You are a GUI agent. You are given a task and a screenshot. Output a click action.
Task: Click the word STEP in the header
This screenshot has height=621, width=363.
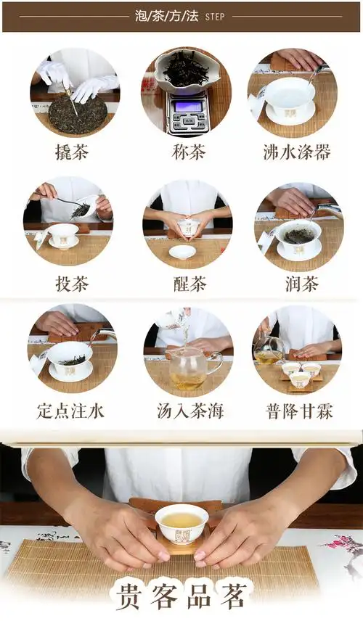[215, 16]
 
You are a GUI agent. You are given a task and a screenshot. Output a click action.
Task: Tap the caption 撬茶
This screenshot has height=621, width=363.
[73, 152]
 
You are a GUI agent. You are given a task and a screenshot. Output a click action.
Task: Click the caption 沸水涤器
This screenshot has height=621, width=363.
[297, 152]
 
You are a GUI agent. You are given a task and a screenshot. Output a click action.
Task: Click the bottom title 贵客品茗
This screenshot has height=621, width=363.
[181, 596]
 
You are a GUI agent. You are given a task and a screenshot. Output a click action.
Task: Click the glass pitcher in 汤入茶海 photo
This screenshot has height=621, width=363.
[187, 370]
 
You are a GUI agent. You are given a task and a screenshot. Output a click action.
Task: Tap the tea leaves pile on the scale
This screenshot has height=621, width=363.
[185, 70]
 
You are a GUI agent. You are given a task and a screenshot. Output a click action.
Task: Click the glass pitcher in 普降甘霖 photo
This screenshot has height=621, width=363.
[269, 354]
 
